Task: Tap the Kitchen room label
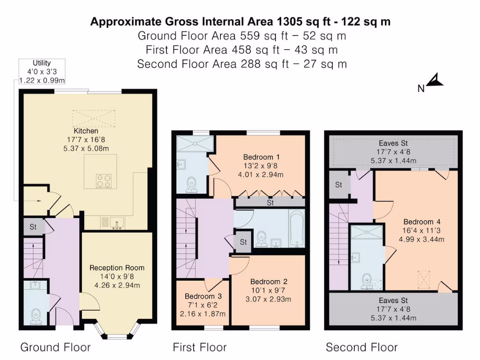point(86,131)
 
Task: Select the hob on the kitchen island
point(103,181)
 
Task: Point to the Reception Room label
point(117,268)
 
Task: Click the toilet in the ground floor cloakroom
point(36,316)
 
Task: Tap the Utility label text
point(42,63)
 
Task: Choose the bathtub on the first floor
point(297,228)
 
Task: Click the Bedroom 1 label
point(261,157)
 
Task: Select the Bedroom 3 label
point(202,296)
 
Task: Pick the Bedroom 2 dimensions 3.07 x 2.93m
point(268,299)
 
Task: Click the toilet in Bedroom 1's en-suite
point(191,184)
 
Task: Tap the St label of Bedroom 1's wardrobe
point(270,203)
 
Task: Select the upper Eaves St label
point(393,143)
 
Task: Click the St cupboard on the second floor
point(338,185)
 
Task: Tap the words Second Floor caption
point(361,347)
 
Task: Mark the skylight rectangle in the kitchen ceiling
point(94,118)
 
